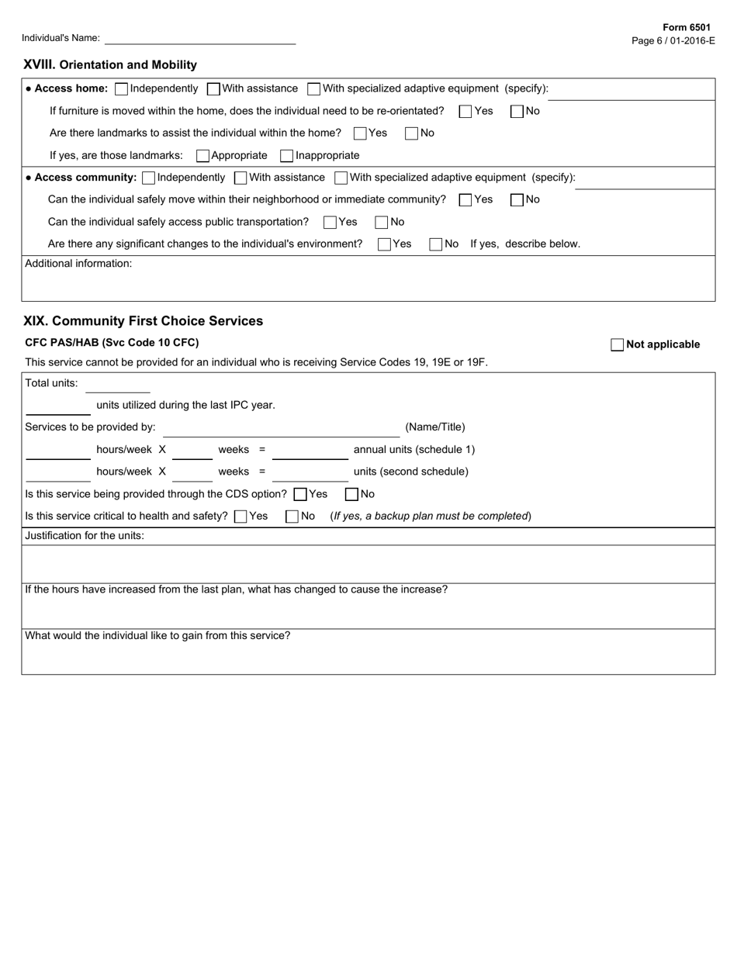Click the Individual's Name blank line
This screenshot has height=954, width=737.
pyautogui.click(x=199, y=38)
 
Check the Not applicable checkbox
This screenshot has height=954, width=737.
pyautogui.click(x=618, y=345)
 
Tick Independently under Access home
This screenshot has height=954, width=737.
pyautogui.click(x=121, y=89)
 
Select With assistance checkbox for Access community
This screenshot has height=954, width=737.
pyautogui.click(x=240, y=178)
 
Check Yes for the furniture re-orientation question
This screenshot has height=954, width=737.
pyautogui.click(x=465, y=112)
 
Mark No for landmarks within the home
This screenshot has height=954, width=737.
pyautogui.click(x=411, y=133)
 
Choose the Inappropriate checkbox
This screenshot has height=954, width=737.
pyautogui.click(x=287, y=156)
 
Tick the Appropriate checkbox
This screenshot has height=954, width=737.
pyautogui.click(x=202, y=156)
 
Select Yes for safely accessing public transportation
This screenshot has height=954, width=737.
pyautogui.click(x=330, y=223)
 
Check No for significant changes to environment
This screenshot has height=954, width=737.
pyautogui.click(x=436, y=244)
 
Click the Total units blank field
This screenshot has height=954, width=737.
pyautogui.click(x=117, y=385)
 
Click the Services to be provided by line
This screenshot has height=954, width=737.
pyautogui.click(x=281, y=428)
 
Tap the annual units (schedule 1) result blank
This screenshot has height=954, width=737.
pyautogui.click(x=310, y=451)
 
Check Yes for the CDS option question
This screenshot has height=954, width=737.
pyautogui.click(x=300, y=495)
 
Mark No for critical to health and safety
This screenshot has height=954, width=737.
pyautogui.click(x=292, y=517)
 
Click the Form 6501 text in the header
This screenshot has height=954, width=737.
pyautogui.click(x=686, y=27)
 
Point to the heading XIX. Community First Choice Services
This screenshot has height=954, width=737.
pyautogui.click(x=144, y=321)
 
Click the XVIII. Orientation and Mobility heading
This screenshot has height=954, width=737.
pyautogui.click(x=110, y=65)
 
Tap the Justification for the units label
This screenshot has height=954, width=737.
pyautogui.click(x=85, y=536)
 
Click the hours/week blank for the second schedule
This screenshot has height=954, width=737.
pyautogui.click(x=58, y=473)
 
